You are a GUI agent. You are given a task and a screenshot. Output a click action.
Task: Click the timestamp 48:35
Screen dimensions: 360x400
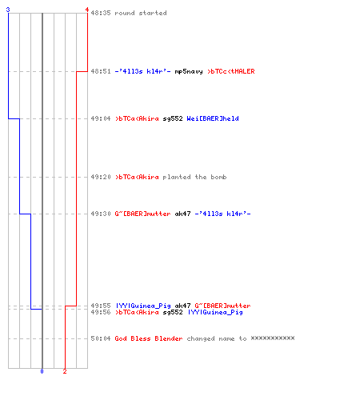pos(101,13)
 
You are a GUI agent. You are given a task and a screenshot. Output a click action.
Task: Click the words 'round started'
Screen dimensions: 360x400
pos(141,13)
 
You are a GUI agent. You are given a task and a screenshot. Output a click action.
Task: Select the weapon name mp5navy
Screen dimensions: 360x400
pos(189,71)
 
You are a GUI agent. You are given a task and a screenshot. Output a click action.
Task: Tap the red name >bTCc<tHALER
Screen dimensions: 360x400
pos(231,71)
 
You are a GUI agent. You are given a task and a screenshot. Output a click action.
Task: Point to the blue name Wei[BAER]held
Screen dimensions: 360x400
pos(213,118)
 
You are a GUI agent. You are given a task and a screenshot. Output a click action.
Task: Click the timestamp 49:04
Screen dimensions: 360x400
pos(101,118)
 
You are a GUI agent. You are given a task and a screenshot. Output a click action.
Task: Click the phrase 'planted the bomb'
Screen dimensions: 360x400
pos(194,177)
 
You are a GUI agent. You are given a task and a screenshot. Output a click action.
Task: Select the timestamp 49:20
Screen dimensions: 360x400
pos(101,177)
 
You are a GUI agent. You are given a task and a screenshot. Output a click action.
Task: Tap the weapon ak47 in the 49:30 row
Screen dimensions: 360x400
pos(182,214)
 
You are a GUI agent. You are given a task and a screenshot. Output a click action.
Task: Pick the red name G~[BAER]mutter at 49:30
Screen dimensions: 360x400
pos(142,214)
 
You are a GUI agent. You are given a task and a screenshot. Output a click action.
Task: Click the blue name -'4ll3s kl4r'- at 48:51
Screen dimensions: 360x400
pos(142,71)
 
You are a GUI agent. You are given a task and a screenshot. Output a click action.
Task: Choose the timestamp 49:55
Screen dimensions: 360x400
pos(101,306)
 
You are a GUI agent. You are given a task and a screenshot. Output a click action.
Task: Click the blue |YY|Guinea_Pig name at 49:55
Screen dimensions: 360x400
pos(142,306)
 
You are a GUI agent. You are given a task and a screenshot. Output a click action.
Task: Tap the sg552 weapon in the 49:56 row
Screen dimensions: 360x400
pos(173,312)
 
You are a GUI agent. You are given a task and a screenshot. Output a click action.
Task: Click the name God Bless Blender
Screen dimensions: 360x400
pos(149,338)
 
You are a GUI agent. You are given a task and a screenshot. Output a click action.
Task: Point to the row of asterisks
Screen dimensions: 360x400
pos(273,338)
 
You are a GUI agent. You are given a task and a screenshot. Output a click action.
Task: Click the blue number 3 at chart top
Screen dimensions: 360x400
pos(8,10)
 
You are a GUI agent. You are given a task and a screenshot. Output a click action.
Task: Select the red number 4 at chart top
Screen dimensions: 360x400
pos(87,10)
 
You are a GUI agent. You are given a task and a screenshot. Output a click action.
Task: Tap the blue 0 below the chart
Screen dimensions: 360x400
pos(42,371)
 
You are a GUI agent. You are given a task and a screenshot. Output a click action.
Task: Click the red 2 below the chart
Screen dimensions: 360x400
pos(65,371)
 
